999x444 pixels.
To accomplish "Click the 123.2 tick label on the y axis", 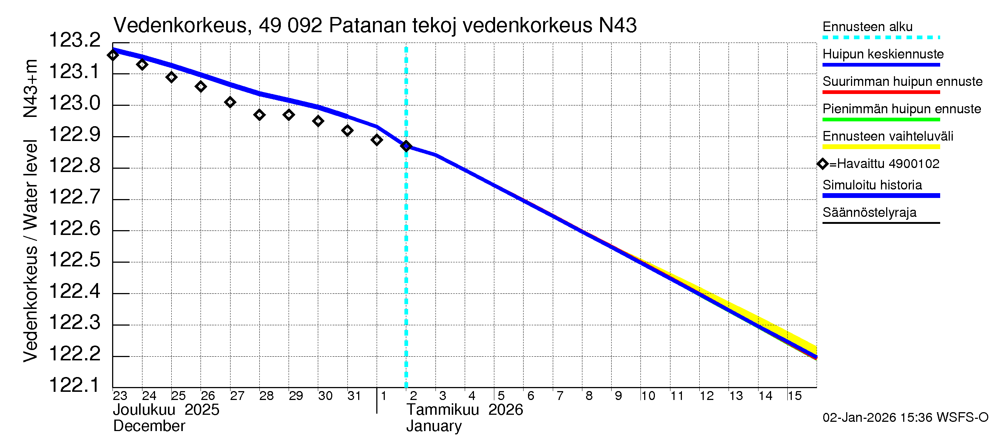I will [x=74, y=40].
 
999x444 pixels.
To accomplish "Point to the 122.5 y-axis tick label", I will [x=74, y=260].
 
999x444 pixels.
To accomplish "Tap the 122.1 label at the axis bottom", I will [x=74, y=385].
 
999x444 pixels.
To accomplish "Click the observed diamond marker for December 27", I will [x=230, y=102].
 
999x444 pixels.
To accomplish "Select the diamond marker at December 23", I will [x=113, y=55].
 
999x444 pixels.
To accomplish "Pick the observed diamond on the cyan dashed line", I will [x=406, y=146].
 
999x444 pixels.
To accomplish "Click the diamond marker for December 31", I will [x=347, y=131].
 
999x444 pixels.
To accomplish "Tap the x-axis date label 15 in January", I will [x=794, y=396].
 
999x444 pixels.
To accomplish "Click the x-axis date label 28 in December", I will [x=266, y=396].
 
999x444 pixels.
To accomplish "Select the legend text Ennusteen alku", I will [x=867, y=27].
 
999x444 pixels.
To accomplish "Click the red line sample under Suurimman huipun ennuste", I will [x=881, y=92].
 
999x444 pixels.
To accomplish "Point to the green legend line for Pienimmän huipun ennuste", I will [x=881, y=120].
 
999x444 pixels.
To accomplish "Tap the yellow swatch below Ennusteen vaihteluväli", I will [x=881, y=147].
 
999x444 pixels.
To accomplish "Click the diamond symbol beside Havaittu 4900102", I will [x=823, y=164].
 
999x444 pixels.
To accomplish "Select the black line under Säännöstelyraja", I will [x=881, y=223].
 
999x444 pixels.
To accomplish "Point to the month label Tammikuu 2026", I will [x=464, y=410].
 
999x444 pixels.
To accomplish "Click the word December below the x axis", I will [x=149, y=426].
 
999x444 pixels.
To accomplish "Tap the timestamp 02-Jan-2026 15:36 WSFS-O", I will [x=905, y=418].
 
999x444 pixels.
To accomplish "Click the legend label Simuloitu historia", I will [x=872, y=185].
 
